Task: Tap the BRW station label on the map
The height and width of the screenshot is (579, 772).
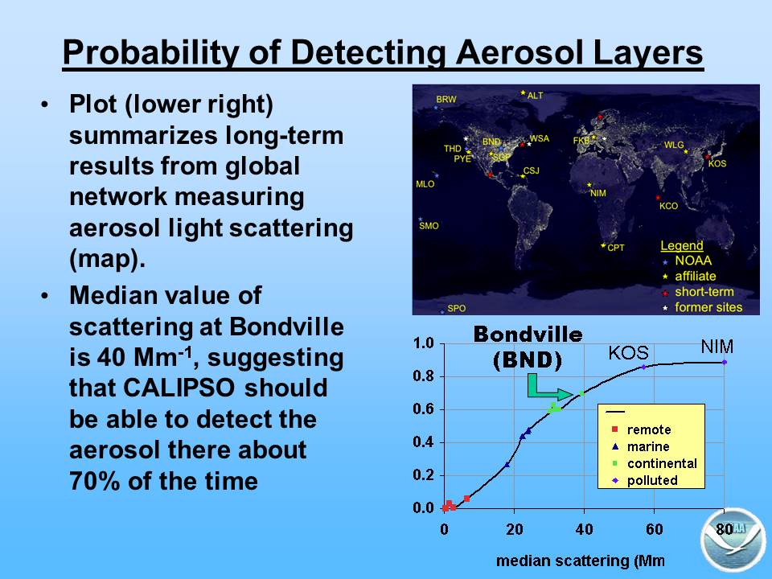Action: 446,100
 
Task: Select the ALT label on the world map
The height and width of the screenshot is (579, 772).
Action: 536,96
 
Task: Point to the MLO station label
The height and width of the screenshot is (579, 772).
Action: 425,184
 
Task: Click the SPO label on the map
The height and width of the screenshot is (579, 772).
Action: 457,308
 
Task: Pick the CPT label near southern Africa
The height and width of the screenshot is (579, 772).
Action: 616,248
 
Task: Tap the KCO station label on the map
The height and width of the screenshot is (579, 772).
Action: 668,206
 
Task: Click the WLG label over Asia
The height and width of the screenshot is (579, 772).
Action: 674,145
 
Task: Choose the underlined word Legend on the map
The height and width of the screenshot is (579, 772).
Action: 682,246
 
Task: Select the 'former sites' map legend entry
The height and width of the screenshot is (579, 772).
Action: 708,308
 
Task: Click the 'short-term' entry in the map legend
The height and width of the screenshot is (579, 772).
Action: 704,292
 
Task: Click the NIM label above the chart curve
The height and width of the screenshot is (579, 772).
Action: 717,347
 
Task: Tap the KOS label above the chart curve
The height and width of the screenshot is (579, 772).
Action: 628,353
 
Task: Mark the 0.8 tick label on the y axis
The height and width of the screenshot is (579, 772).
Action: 424,376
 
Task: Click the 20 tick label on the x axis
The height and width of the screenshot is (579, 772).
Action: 515,529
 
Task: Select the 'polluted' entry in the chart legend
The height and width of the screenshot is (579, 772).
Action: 652,481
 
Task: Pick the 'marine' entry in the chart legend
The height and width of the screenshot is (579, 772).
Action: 648,446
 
